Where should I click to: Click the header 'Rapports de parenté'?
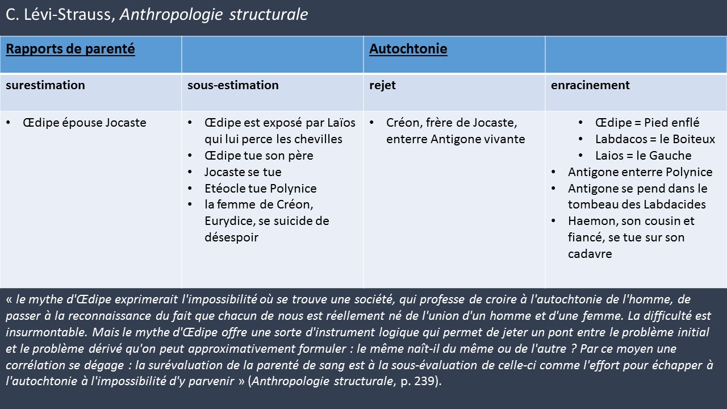tap(70, 49)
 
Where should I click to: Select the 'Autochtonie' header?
tap(408, 49)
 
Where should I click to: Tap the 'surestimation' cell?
tap(45, 85)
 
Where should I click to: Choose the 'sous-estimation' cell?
tap(233, 85)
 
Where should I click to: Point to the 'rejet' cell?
tap(382, 85)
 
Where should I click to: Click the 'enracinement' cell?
tap(590, 85)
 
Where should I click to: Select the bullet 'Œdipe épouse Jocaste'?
tap(85, 123)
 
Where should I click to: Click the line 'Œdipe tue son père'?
tap(258, 156)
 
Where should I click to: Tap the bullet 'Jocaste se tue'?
tap(243, 172)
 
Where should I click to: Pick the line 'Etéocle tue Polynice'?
tap(260, 189)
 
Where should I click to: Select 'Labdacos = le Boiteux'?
tap(655, 139)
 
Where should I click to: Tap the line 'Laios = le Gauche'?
tap(643, 156)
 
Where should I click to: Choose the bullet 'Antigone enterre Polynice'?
tap(640, 172)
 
